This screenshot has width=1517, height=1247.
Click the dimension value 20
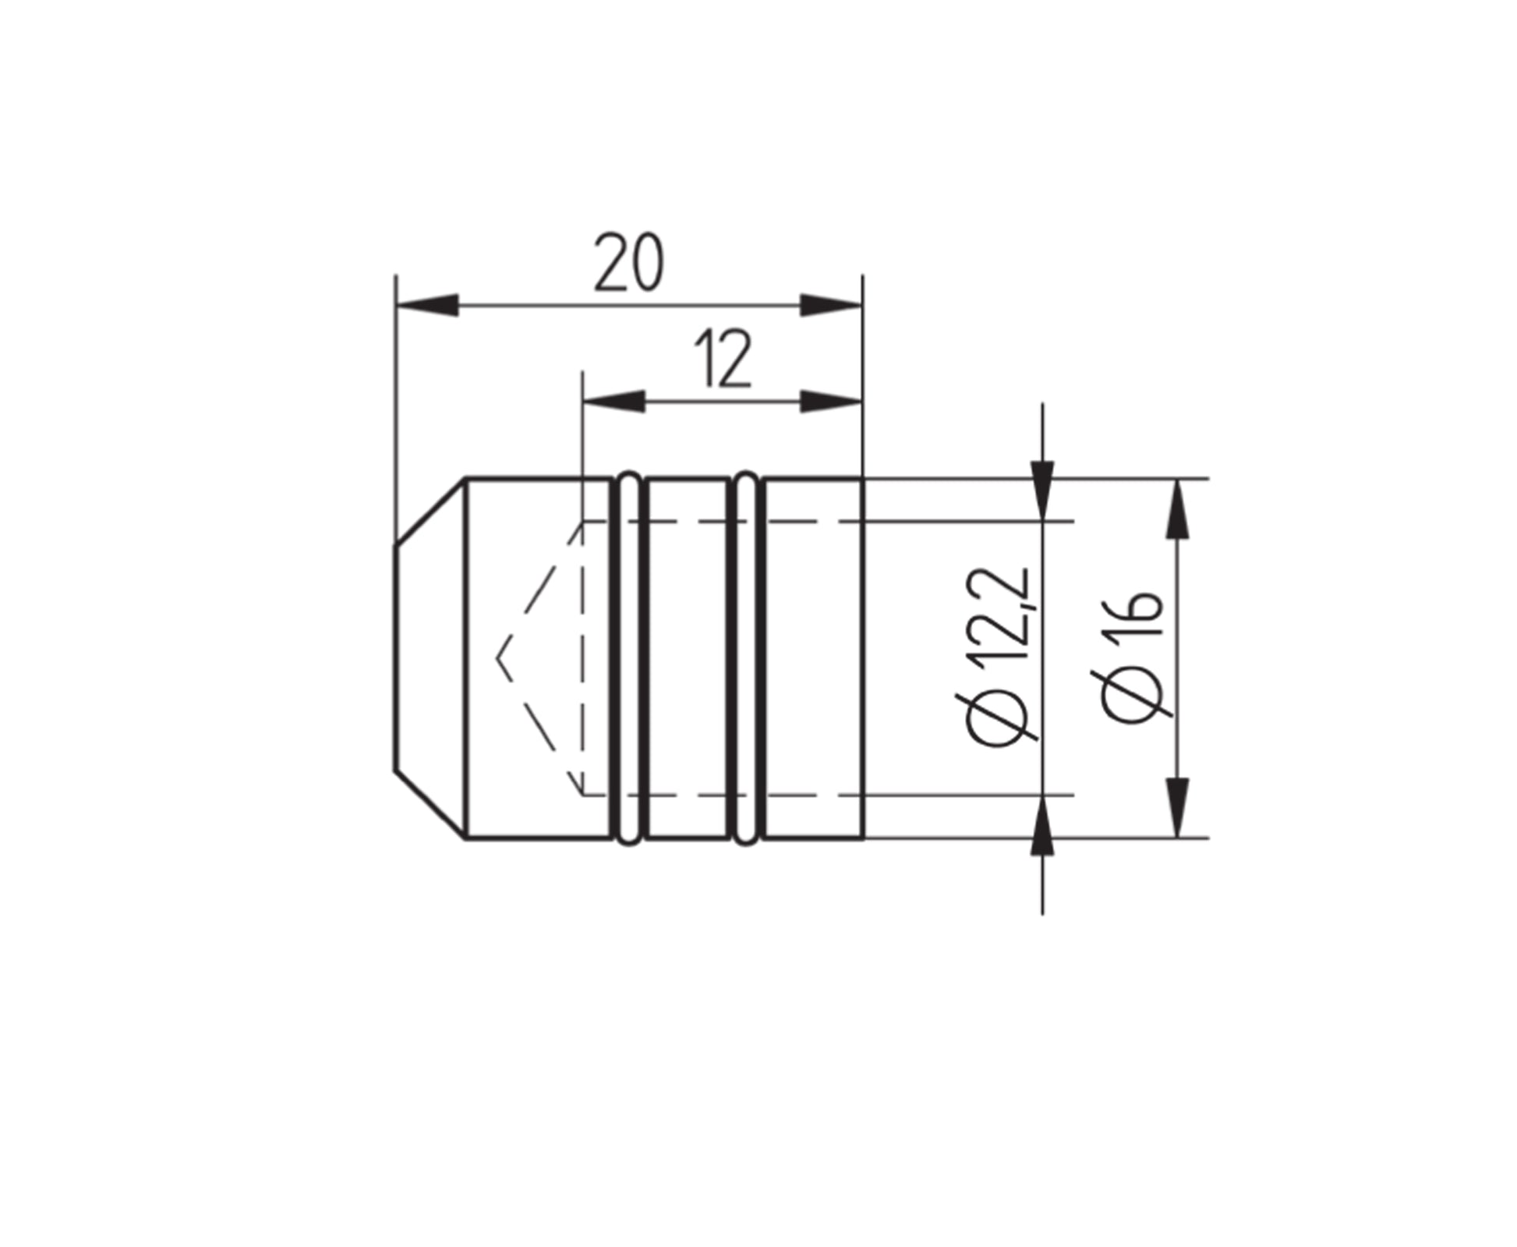[629, 262]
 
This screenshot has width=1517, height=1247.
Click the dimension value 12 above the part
[723, 359]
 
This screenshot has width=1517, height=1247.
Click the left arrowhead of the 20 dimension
[426, 306]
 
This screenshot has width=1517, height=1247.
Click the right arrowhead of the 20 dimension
[832, 306]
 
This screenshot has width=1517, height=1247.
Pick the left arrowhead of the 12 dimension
[614, 402]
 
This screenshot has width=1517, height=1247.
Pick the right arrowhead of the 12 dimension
[832, 402]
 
